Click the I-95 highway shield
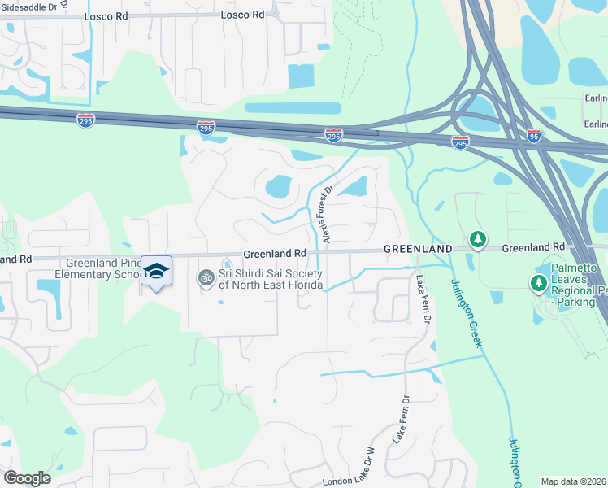[x=534, y=136]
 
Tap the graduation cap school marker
[x=157, y=272]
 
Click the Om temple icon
[x=206, y=279]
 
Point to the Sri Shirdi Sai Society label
[x=271, y=279]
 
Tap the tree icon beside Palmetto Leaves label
[x=537, y=283]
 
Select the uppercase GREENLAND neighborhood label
[x=418, y=248]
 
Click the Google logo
[x=27, y=478]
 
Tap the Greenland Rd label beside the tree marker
[x=532, y=247]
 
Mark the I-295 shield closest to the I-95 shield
[x=460, y=142]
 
